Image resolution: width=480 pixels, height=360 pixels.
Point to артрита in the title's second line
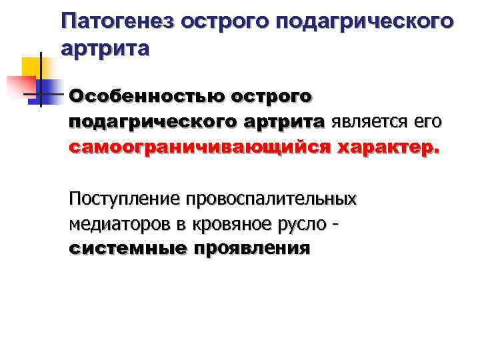coord(105,48)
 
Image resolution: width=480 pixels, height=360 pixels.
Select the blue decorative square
coord(46,90)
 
